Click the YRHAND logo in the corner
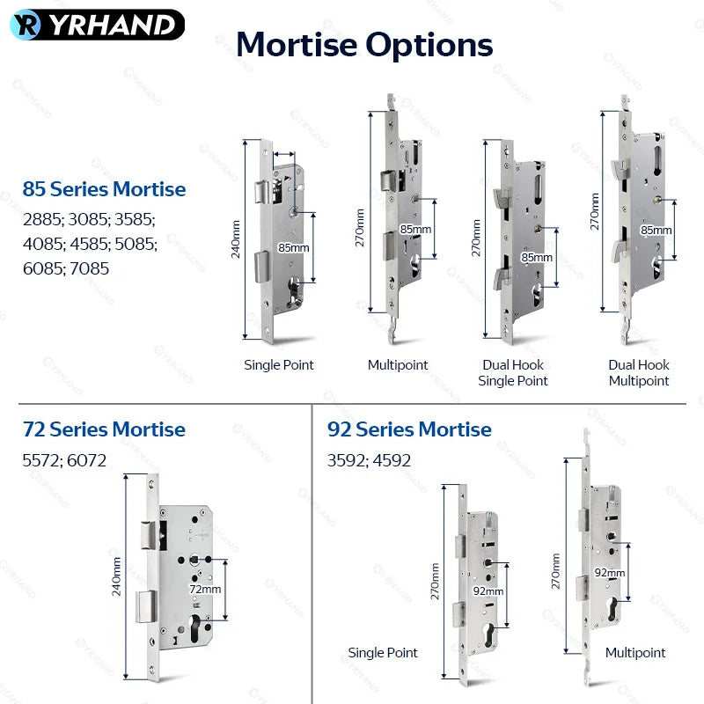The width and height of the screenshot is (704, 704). (97, 25)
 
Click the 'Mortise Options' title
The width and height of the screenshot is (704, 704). (364, 45)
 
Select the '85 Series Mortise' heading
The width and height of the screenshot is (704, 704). (104, 189)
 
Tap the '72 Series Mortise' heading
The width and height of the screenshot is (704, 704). (104, 429)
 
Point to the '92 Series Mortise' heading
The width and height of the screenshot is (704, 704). (409, 429)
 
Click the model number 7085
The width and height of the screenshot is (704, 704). (90, 268)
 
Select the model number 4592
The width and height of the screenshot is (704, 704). (391, 460)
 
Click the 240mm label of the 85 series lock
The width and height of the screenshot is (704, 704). (236, 239)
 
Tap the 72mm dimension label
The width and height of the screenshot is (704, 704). (205, 589)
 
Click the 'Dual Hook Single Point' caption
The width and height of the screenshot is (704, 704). (513, 372)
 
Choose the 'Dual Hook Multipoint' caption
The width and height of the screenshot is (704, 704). (639, 372)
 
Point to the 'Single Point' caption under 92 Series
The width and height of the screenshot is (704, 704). (383, 652)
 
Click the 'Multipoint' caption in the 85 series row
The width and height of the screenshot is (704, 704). (398, 364)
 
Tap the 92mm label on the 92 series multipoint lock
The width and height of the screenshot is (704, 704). (610, 573)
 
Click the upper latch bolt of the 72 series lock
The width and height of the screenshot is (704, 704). (149, 535)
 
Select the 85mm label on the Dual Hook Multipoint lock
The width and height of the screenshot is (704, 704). (656, 230)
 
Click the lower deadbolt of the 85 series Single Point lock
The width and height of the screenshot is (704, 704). (261, 267)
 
